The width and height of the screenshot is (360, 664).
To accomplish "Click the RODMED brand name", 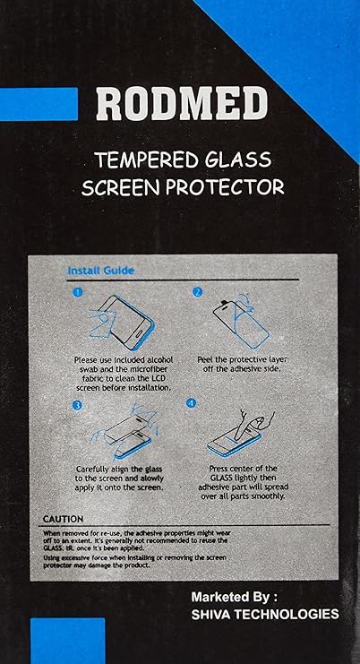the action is coord(182,105).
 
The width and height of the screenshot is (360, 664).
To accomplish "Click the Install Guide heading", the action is coord(100,271).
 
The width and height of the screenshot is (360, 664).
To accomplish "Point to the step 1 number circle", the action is coord(77,292).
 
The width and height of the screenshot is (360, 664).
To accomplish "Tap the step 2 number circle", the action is coord(197,292).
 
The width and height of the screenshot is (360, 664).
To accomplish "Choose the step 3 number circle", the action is coord(77,405).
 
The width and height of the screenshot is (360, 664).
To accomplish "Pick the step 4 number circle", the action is coord(192,403).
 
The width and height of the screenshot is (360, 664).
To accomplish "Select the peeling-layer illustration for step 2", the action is coord(241,320).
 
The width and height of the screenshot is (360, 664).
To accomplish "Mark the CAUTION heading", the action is coord(63,519).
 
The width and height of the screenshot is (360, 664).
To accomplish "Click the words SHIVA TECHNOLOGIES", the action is coord(265,614).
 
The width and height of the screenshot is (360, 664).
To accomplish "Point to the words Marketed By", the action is coord(230,597).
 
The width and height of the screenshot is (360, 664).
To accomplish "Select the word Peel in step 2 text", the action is coord(205,360).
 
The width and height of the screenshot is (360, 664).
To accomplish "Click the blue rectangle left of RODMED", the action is coord(39,104).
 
